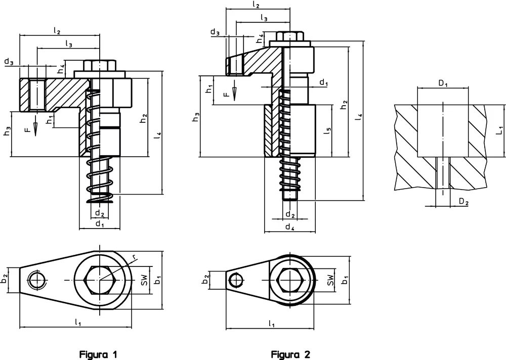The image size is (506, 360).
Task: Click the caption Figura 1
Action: (x=99, y=354)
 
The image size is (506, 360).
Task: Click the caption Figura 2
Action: (x=290, y=354)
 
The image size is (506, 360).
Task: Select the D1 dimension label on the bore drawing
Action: (x=443, y=83)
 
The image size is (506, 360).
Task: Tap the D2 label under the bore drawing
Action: (x=463, y=202)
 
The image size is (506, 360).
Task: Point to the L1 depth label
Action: (x=499, y=130)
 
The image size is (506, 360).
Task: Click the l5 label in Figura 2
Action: (x=327, y=130)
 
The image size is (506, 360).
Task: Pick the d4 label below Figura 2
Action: (x=290, y=227)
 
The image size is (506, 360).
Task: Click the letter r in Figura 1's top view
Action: (x=135, y=256)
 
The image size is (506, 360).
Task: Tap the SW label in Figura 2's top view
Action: (x=330, y=280)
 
